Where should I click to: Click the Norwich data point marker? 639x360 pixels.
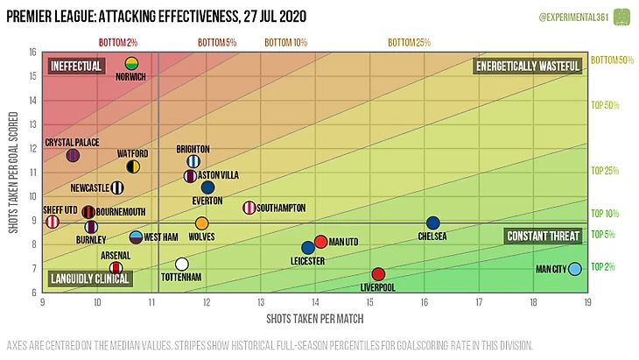point(131,63)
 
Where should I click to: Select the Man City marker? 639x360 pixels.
point(574,269)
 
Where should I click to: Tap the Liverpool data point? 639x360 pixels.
point(378,275)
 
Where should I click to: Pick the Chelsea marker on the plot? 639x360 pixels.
point(432,223)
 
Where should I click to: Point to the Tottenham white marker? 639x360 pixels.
point(181,264)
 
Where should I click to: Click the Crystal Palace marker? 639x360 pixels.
point(73,156)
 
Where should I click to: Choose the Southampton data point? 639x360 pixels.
point(249,208)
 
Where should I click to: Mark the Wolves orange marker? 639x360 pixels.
point(202,223)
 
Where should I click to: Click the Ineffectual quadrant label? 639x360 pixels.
point(76,66)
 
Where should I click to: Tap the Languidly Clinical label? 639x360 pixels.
point(89,279)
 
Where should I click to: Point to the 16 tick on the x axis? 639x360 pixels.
point(424,303)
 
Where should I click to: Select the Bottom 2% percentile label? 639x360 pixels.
point(117,42)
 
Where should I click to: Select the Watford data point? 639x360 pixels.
point(134,166)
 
